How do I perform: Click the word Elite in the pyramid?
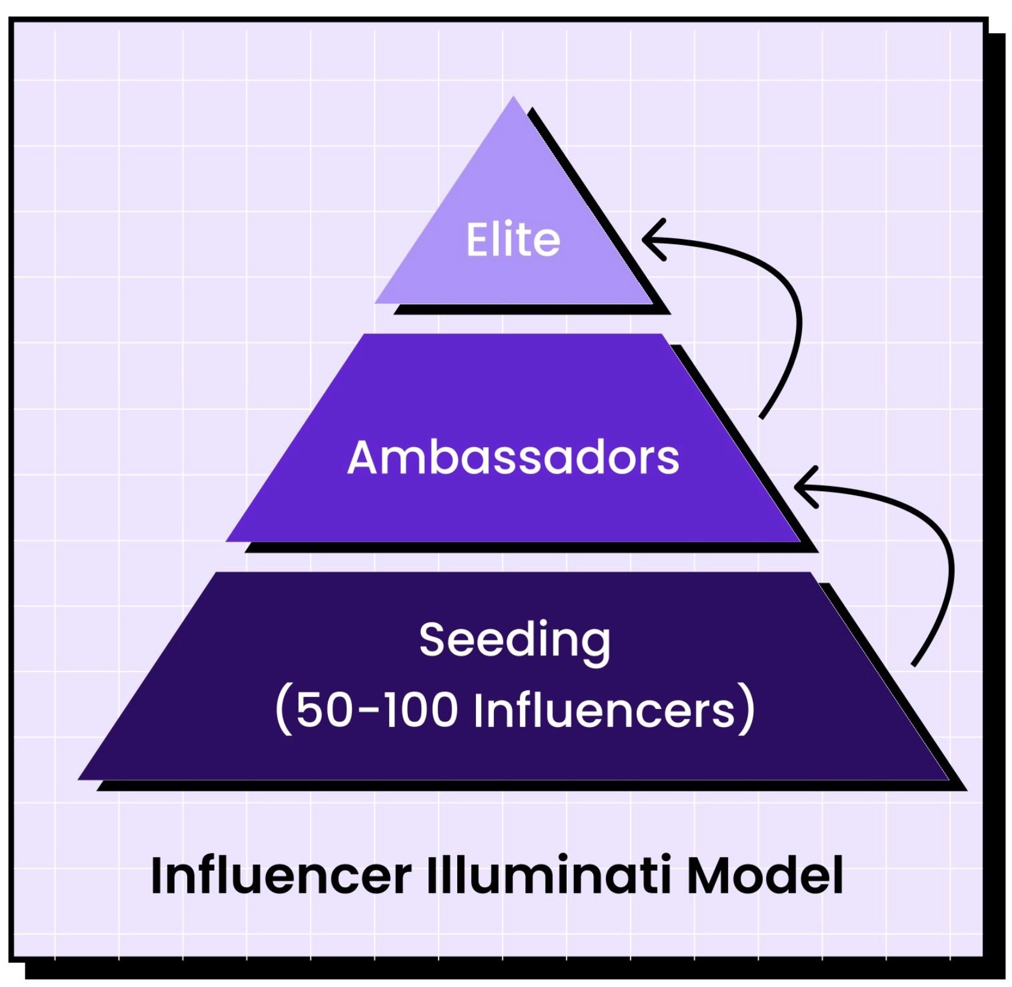(513, 240)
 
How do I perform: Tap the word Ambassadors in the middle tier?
(513, 457)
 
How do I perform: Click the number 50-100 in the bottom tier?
(375, 710)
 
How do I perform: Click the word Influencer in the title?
(280, 875)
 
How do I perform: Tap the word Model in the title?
(764, 875)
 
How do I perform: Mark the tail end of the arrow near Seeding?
(913, 664)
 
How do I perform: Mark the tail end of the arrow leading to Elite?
(762, 416)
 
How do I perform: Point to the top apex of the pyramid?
(513, 97)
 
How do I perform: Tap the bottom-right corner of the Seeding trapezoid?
(948, 779)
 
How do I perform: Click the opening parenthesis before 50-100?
(283, 710)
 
